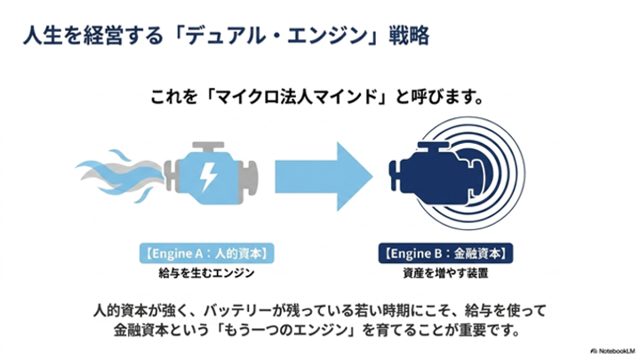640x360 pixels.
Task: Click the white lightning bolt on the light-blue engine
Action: [208, 177]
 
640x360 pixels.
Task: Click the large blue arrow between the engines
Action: [324, 176]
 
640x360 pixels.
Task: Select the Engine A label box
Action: [206, 253]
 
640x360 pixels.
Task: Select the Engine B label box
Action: [445, 253]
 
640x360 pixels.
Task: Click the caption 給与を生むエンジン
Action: [206, 273]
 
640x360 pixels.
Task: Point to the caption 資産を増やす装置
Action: [445, 273]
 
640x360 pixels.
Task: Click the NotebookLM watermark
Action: [612, 351]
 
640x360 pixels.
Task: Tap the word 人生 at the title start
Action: [43, 35]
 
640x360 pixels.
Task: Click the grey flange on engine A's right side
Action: [250, 176]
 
